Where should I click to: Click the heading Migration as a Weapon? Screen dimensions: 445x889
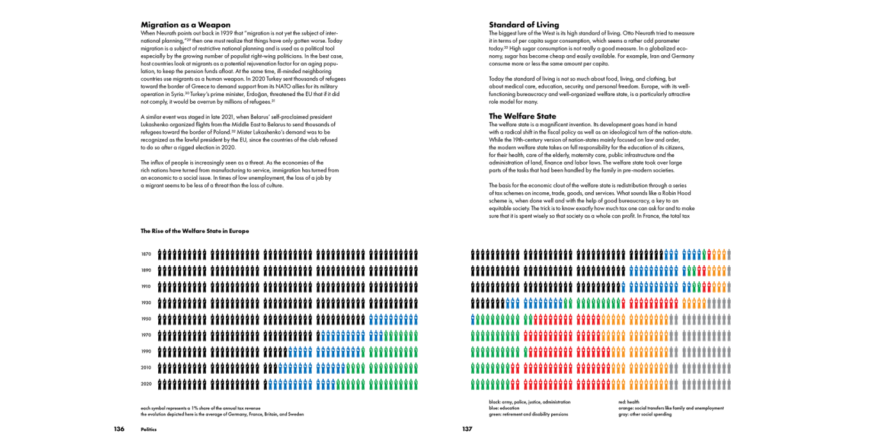tap(186, 25)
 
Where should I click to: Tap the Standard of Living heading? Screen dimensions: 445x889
tap(524, 25)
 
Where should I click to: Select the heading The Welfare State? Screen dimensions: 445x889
tap(522, 116)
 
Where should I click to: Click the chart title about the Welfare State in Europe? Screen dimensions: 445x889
tap(194, 231)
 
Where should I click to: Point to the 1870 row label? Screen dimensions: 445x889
tap(146, 255)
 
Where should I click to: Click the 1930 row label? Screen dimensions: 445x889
tap(146, 303)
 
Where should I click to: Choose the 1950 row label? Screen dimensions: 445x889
tap(146, 319)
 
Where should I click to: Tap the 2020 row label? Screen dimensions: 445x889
tap(146, 384)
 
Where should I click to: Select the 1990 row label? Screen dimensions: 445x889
tap(146, 351)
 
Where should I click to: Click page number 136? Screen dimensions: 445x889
tap(119, 429)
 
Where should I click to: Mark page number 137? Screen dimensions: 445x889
tap(467, 429)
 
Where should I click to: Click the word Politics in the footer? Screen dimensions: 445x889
tap(149, 430)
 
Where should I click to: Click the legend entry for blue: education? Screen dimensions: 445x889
tap(504, 408)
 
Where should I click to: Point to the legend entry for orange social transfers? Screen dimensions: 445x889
tap(671, 408)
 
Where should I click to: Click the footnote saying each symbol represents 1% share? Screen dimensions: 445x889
tap(200, 408)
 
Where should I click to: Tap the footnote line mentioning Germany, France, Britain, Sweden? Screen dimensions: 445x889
tap(222, 414)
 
